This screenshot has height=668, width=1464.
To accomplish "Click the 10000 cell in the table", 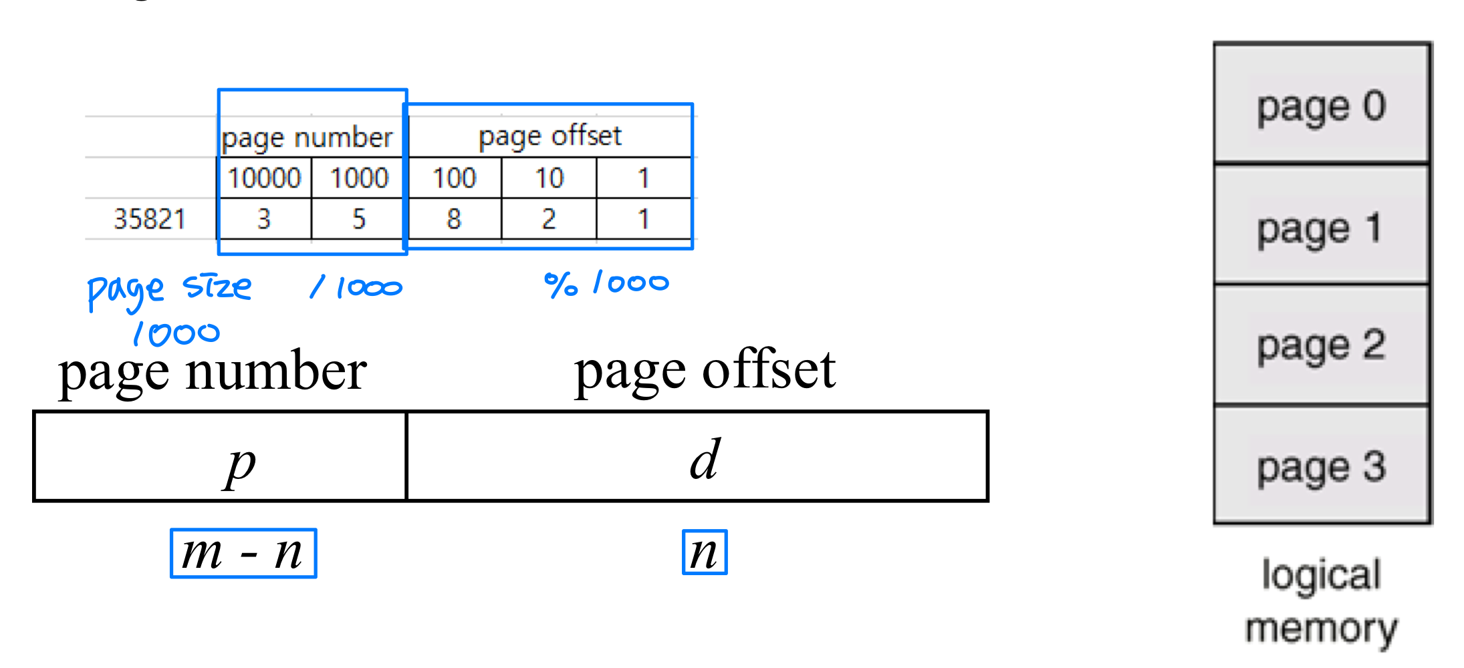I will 265,178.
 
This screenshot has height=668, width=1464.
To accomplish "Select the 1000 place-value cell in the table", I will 359,178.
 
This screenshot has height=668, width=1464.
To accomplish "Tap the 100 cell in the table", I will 454,178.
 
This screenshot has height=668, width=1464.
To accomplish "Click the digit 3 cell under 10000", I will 264,219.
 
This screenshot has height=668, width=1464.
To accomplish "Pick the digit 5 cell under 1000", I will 359,219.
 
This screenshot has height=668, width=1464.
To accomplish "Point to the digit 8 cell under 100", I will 454,219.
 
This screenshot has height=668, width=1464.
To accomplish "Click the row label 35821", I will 149,219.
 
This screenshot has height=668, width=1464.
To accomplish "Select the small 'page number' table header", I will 307,138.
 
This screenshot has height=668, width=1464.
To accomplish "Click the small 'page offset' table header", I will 550,136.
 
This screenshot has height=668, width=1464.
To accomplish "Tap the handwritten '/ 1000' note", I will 356,288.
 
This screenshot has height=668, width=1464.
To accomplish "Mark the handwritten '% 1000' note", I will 606,284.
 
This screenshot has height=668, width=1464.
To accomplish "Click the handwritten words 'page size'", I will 169,290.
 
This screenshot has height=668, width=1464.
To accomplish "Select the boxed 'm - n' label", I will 243,553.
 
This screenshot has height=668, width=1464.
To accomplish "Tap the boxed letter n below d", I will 705,552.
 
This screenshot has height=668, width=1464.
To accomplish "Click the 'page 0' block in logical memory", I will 1321,106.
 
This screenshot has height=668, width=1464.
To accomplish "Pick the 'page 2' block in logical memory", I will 1321,345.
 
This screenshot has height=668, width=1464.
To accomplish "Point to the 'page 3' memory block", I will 1321,466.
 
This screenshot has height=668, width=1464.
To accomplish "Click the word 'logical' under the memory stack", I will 1321,575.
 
